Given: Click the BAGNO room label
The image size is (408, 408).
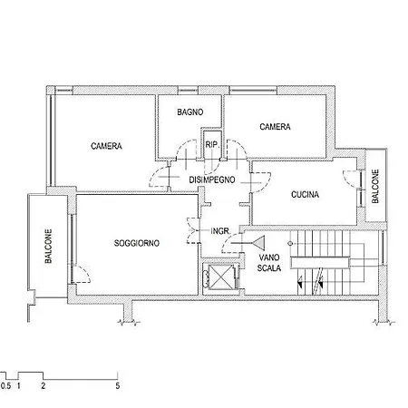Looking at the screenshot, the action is tap(190, 112).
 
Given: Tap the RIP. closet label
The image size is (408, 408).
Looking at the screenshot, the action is tap(212, 145).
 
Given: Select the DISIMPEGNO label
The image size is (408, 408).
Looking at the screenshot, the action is tap(212, 180).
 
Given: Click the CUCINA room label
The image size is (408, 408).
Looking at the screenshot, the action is tap(305, 194).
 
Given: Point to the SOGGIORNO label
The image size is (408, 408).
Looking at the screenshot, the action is tap(137, 243).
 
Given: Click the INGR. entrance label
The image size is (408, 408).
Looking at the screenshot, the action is tap(220, 231).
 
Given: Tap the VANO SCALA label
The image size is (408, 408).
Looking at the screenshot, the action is tap(269, 263).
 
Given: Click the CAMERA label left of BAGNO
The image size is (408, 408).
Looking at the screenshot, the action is tap(106, 146).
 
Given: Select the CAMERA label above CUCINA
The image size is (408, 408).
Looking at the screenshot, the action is tap(275, 127).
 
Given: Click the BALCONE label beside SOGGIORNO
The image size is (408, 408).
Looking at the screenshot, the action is tap(48, 246).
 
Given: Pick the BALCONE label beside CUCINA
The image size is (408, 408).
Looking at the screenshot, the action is tap(375, 186).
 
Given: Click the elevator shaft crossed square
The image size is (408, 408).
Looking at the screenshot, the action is tap(221, 277).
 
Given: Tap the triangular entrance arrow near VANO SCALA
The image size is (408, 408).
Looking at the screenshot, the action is tap(259, 243).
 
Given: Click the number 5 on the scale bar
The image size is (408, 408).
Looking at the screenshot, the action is tap(118, 386).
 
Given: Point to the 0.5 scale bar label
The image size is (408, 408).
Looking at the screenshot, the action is tap(5, 386).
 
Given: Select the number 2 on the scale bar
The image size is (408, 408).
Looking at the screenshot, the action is tap(44, 386).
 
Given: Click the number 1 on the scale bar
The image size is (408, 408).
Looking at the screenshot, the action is tap(19, 386).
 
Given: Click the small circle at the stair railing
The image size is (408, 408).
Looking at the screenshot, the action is tap(290, 243).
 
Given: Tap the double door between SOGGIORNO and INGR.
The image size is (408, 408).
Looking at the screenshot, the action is tap(193, 230).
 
